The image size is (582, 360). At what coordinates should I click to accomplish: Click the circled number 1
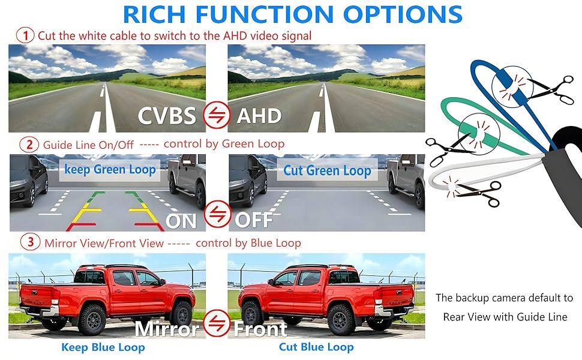pyautogui.click(x=25, y=35)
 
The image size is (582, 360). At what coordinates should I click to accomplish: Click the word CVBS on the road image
pyautogui.click(x=167, y=115)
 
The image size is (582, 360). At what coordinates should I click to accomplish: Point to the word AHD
pyautogui.click(x=259, y=115)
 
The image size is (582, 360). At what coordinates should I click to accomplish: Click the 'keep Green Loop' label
pyautogui.click(x=110, y=169)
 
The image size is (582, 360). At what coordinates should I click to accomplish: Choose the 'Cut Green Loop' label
pyautogui.click(x=327, y=170)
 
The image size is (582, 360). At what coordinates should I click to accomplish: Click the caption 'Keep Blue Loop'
pyautogui.click(x=103, y=347)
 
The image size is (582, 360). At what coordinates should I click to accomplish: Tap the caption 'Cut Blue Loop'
pyautogui.click(x=316, y=347)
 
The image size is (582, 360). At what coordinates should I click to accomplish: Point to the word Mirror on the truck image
pyautogui.click(x=167, y=328)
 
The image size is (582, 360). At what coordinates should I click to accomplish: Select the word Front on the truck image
pyautogui.click(x=260, y=329)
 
